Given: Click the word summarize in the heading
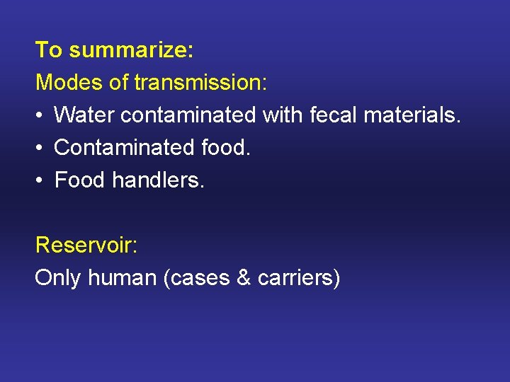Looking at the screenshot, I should click(132, 50).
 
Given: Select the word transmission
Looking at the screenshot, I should click(200, 82).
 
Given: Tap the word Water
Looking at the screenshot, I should click(84, 115).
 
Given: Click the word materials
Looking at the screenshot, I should click(413, 115).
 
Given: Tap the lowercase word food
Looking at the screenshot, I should click(226, 148).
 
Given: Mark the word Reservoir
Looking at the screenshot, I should click(86, 245).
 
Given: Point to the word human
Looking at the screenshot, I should click(123, 278).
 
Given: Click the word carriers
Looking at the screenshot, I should click(298, 278).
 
